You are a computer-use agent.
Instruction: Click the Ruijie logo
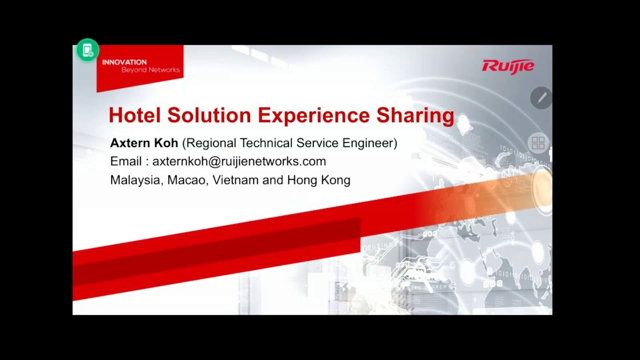508,66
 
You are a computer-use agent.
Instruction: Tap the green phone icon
87,50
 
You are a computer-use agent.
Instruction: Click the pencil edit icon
541,98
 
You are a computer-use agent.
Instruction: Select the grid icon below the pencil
538,143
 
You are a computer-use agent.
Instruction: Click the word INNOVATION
124,62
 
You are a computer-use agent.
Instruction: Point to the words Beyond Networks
150,70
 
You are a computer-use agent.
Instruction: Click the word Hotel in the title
134,115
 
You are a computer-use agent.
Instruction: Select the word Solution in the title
209,115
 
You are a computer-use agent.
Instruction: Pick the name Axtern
130,143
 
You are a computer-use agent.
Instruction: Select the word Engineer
369,143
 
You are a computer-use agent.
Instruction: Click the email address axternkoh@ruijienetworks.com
239,161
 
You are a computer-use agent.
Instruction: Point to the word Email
126,161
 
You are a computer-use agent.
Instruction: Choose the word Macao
186,180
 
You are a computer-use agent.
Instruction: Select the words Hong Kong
318,180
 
